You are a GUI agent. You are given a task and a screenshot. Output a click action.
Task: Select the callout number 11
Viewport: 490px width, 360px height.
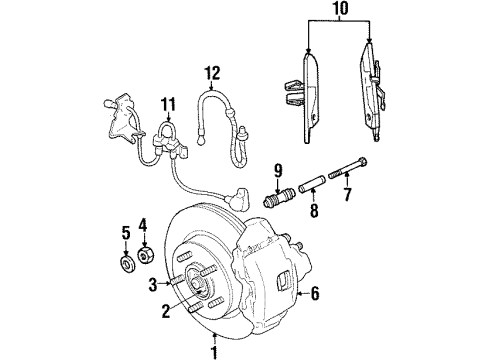pyautogui.click(x=166, y=102)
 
